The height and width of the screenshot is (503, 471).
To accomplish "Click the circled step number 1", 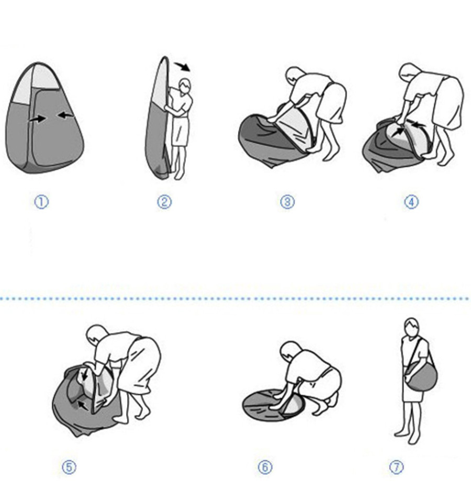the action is [41, 202].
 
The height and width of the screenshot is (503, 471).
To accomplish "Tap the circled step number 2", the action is [164, 202].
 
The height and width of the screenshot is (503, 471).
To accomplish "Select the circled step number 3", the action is [287, 202].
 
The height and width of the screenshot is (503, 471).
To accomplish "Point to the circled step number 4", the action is [411, 202].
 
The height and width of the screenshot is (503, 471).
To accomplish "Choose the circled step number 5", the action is [69, 467].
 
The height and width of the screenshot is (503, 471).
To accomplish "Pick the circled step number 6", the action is [265, 467].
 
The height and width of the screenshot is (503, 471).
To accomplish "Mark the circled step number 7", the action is [397, 467].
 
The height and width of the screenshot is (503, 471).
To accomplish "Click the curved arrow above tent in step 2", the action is [182, 66].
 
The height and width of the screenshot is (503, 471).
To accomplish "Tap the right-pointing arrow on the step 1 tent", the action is [37, 119].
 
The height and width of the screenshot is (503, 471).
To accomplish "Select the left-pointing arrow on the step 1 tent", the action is [65, 115].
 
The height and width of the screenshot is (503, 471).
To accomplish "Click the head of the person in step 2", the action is [185, 86].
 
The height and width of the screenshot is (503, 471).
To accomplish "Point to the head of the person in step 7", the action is [412, 327].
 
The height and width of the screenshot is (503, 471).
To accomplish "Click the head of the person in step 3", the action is [294, 75].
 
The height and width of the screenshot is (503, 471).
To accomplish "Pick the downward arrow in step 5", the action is [84, 375].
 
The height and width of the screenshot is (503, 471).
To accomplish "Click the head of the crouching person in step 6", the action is [289, 350].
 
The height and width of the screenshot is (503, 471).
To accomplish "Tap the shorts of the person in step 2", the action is [180, 132].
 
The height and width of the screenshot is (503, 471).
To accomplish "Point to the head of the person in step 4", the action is [408, 72].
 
